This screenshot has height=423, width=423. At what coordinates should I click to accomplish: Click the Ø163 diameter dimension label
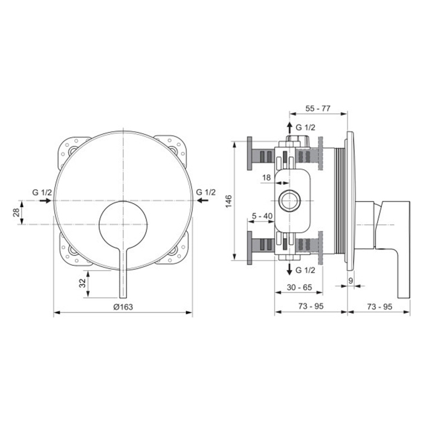[123, 306]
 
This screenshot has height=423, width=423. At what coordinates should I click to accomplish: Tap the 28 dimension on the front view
[17, 212]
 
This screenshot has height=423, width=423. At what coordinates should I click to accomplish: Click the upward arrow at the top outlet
[289, 128]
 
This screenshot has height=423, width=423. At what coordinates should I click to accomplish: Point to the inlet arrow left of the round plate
[44, 201]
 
